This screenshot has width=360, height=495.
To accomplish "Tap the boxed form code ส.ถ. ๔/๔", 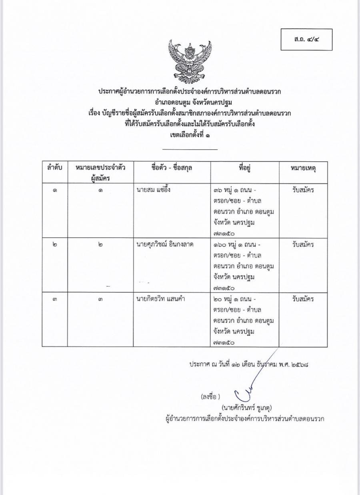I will pyautogui.click(x=306, y=40).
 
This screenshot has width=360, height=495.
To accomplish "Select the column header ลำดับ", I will pyautogui.click(x=54, y=168).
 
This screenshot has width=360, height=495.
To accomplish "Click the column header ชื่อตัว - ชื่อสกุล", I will pyautogui.click(x=172, y=168).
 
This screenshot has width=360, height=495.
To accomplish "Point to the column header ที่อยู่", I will pyautogui.click(x=244, y=168).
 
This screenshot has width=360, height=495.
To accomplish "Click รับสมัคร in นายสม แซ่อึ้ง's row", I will pyautogui.click(x=303, y=190).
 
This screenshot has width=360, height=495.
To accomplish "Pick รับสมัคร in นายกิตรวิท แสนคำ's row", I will pyautogui.click(x=303, y=299).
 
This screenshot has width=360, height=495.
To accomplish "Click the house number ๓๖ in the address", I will pyautogui.click(x=218, y=190).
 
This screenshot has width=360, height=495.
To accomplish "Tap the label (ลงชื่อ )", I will pyautogui.click(x=210, y=397).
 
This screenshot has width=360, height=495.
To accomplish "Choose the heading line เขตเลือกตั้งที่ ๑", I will pyautogui.click(x=190, y=135).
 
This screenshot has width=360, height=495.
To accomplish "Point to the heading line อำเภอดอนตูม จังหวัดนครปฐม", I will pyautogui.click(x=190, y=102).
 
